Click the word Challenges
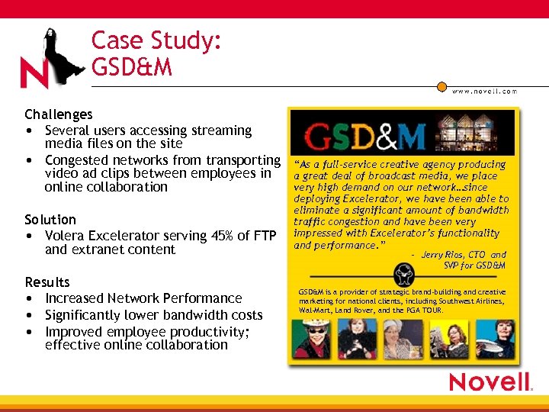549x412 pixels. pyautogui.click(x=58, y=114)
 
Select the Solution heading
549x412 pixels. pyautogui.click(x=50, y=220)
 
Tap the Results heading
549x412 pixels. pyautogui.click(x=47, y=282)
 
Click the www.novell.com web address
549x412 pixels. pyautogui.click(x=484, y=92)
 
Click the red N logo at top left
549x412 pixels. pyautogui.click(x=34, y=73)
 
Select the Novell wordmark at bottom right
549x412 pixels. pyautogui.click(x=490, y=382)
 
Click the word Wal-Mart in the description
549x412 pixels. pyautogui.click(x=314, y=311)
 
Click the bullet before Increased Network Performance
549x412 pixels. pyautogui.click(x=28, y=298)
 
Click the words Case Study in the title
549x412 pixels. pyautogui.click(x=156, y=40)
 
